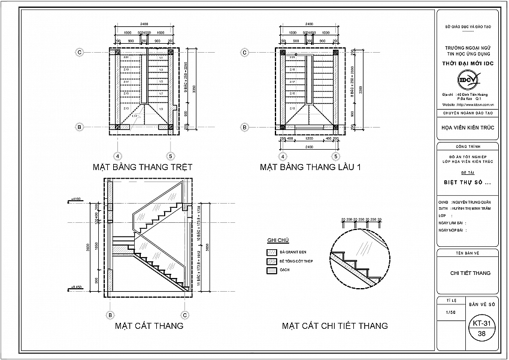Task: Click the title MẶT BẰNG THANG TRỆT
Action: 142,167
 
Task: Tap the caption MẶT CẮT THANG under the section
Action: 149,326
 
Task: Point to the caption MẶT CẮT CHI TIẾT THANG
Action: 335,326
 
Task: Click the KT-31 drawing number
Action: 481,323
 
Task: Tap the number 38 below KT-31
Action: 481,333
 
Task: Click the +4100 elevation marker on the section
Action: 76,198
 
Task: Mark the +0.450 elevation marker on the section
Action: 76,288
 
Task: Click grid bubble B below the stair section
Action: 110,314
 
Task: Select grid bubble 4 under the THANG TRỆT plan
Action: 117,140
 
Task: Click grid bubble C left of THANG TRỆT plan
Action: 79,53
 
